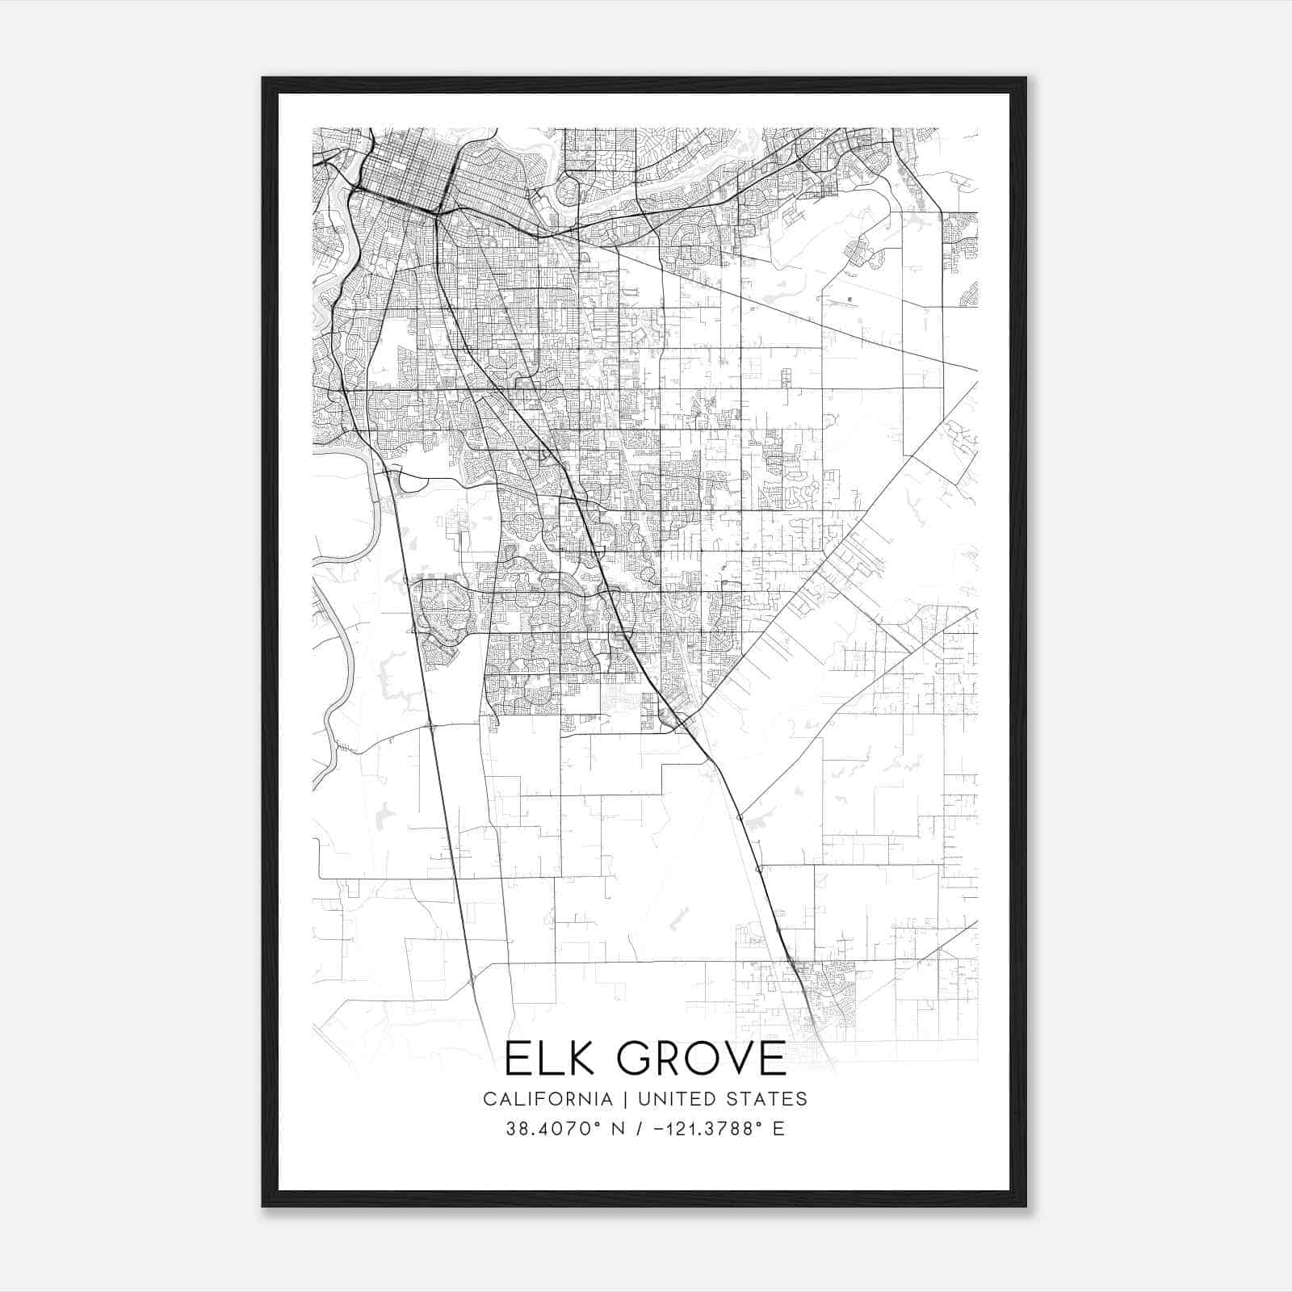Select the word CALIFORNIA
point(547,1099)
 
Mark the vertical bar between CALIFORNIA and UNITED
point(624,1099)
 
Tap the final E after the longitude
point(778,1129)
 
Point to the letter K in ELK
point(575,1059)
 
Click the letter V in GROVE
point(739,1059)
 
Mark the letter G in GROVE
point(627,1059)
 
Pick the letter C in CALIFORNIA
point(489,1099)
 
